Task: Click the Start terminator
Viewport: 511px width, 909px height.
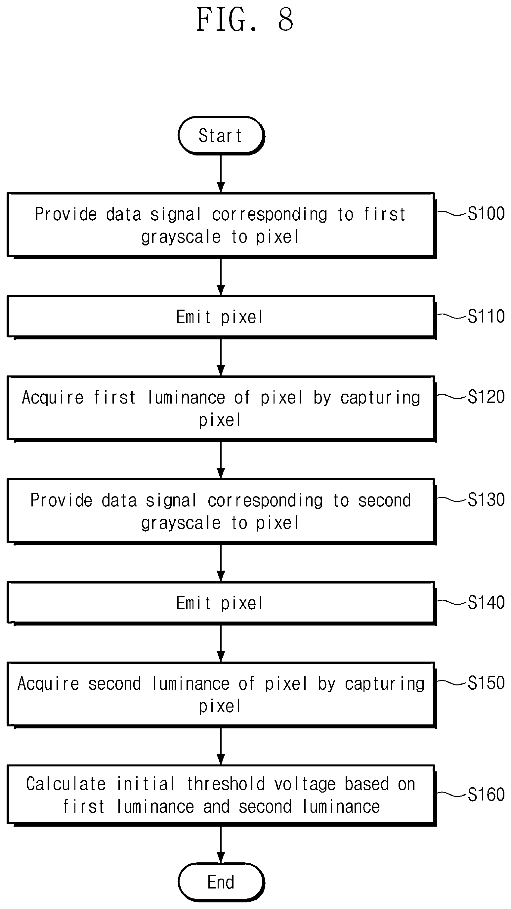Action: [221, 136]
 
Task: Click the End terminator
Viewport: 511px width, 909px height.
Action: [221, 882]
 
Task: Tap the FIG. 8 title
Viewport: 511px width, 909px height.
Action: [244, 20]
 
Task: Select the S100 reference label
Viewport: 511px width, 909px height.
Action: [486, 213]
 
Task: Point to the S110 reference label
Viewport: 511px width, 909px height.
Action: [486, 316]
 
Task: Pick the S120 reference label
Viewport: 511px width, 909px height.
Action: [486, 397]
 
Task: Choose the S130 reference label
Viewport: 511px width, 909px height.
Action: [486, 500]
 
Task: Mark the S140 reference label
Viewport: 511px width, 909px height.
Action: [486, 602]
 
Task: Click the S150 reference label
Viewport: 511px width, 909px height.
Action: [486, 683]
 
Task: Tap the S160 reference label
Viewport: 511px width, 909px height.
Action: [486, 794]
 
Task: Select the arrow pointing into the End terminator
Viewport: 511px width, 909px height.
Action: [221, 844]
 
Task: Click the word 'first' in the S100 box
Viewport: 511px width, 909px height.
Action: [384, 214]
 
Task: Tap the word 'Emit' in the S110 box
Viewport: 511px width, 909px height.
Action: [193, 317]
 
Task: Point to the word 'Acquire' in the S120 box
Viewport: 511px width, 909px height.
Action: [53, 398]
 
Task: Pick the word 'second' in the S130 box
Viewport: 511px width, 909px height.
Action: [385, 500]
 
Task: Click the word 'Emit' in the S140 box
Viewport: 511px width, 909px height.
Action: [193, 603]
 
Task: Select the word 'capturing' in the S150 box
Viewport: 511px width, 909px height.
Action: [385, 684]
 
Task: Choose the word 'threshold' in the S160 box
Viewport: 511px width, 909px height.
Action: [226, 784]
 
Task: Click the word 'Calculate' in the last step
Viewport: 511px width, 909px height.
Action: [66, 784]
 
